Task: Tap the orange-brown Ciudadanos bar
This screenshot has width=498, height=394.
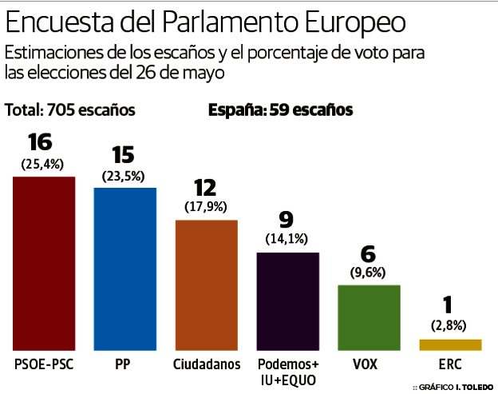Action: pyautogui.click(x=207, y=285)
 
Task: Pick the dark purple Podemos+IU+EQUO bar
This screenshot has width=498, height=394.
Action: pyautogui.click(x=288, y=301)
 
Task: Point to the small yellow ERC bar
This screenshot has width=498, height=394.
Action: pyautogui.click(x=450, y=344)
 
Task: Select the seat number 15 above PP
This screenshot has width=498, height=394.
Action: pyautogui.click(x=123, y=154)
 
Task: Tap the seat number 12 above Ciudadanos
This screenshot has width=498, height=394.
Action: pyautogui.click(x=205, y=187)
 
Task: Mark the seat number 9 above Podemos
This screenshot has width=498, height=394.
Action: pyautogui.click(x=287, y=218)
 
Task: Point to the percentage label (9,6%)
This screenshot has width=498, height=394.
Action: pyautogui.click(x=368, y=272)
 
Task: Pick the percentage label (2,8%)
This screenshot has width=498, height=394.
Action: pyautogui.click(x=449, y=325)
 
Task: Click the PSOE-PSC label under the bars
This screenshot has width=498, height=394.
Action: pyautogui.click(x=44, y=364)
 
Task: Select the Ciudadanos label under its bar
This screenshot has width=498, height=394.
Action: pyautogui.click(x=207, y=364)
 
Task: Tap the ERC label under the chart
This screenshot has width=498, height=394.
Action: pyautogui.click(x=450, y=364)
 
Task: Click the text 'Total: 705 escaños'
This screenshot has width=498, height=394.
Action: pyautogui.click(x=70, y=110)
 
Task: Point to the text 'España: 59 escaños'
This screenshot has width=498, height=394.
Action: pyautogui.click(x=280, y=110)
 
